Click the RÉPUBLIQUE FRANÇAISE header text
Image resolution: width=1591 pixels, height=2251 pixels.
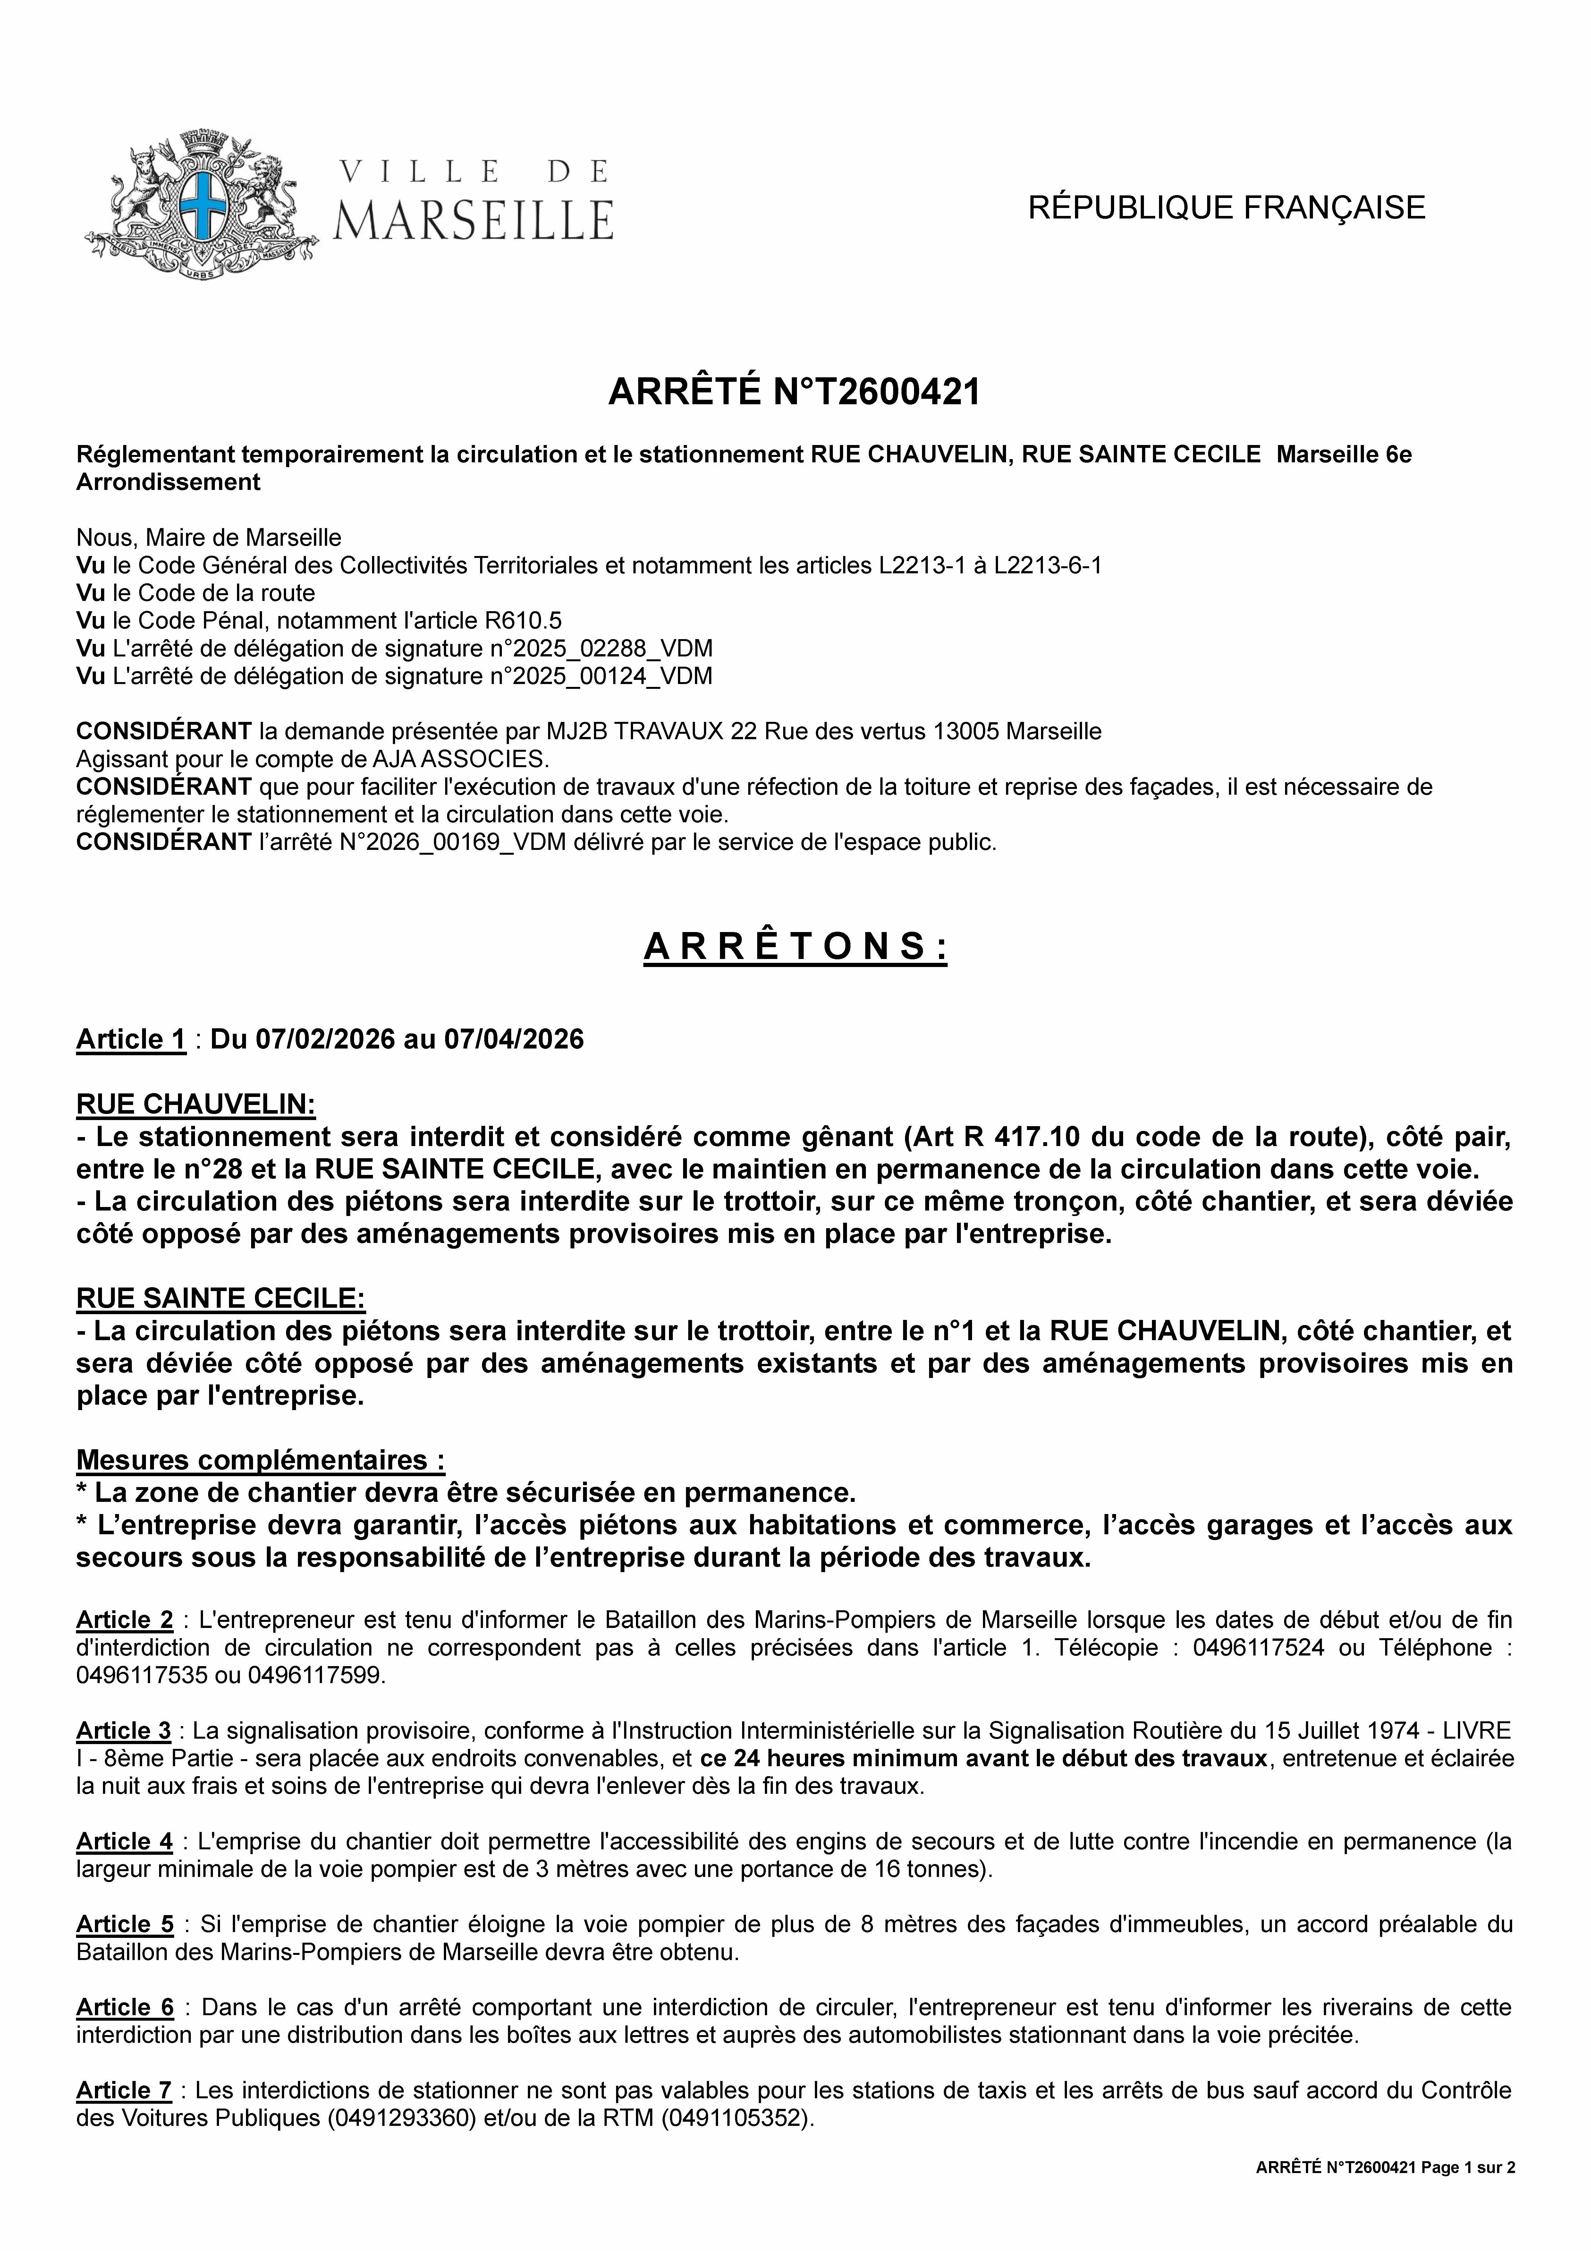(x=1226, y=208)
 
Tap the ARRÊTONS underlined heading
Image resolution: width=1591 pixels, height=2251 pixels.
(x=795, y=947)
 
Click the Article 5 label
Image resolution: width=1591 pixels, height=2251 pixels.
(x=124, y=1924)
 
